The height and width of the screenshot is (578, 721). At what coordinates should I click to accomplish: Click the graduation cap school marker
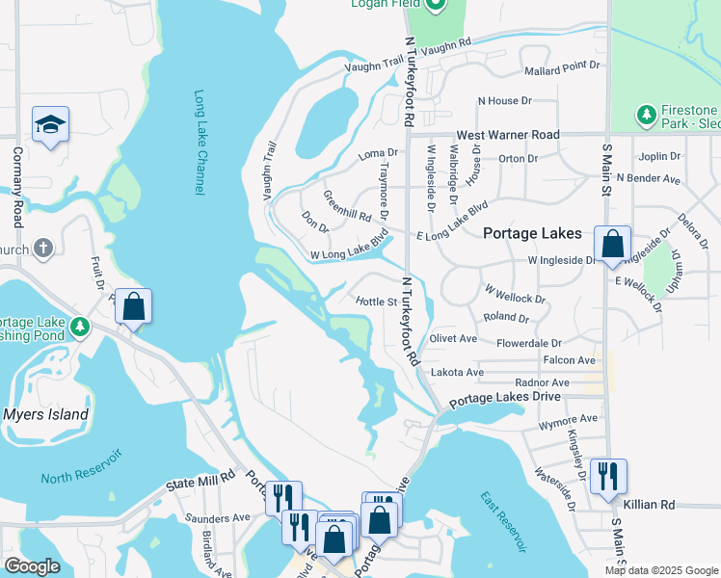point(50,125)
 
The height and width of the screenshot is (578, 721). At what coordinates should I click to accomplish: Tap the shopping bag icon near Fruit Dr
point(134,307)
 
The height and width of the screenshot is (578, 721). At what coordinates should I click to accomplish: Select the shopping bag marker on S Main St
point(612,245)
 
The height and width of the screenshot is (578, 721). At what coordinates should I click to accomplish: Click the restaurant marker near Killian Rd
point(608,477)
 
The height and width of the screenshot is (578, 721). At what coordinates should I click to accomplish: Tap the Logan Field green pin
point(434,5)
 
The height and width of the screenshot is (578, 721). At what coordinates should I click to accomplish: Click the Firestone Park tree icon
point(647,117)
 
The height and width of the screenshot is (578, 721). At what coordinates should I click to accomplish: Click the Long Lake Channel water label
point(200,144)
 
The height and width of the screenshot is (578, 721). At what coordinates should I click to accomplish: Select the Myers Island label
point(45,415)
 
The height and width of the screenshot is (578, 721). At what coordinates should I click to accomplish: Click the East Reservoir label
point(503,521)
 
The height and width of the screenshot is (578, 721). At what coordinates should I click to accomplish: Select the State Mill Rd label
point(200,476)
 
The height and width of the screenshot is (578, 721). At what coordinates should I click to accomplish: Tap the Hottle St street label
point(377,302)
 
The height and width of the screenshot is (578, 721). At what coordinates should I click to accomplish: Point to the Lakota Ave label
point(456,372)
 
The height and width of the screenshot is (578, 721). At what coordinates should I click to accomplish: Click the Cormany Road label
point(16,184)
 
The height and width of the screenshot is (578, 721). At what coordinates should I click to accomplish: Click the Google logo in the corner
point(34,566)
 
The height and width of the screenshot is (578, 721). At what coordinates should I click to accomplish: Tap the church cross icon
point(42,249)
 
